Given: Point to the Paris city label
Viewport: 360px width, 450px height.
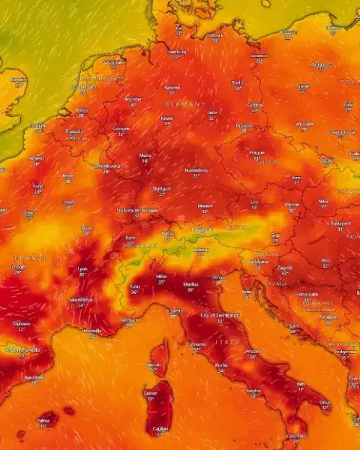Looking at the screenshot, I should tap(37, 186).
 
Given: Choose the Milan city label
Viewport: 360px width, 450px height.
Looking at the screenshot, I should tap(161, 277).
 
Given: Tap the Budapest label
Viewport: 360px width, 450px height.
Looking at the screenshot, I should tap(341, 223).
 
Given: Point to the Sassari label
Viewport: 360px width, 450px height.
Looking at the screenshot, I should tap(151, 393).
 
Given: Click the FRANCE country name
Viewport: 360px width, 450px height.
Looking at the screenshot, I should tap(30, 257).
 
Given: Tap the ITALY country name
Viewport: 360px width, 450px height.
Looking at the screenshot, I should tap(227, 342).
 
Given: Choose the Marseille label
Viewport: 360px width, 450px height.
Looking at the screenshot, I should tap(92, 331).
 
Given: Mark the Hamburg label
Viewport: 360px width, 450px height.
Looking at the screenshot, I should tap(177, 52).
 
